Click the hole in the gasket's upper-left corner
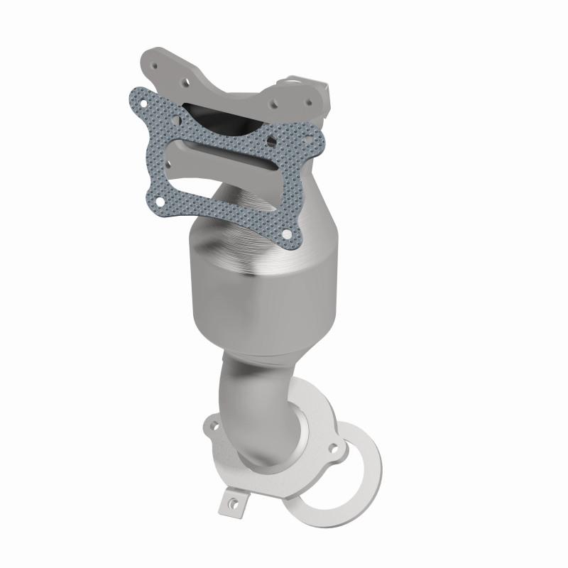click(143, 104)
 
